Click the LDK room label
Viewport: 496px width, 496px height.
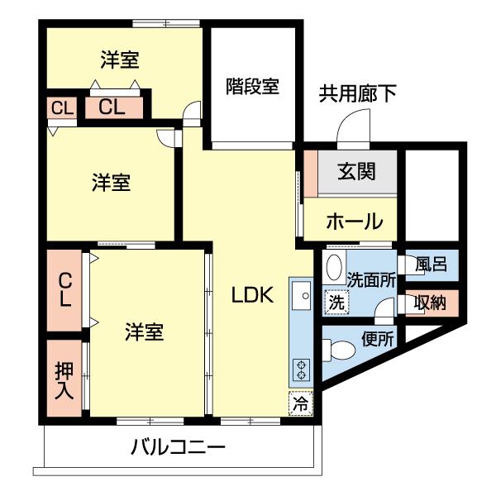click(x=251, y=294)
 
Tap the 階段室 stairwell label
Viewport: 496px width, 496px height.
click(x=252, y=85)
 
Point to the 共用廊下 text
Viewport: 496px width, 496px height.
click(x=358, y=93)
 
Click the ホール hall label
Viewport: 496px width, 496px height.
click(x=354, y=222)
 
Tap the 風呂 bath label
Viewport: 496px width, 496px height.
click(x=431, y=265)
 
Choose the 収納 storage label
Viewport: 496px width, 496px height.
click(x=430, y=303)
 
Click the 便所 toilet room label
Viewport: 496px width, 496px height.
click(x=378, y=338)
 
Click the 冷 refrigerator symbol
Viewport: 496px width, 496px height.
click(x=301, y=404)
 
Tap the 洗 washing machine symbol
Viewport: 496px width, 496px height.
click(x=336, y=303)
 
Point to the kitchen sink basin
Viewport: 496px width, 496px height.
click(x=300, y=295)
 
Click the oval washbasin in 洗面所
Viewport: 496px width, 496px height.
click(x=334, y=268)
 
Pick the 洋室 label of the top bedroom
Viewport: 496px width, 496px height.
click(x=120, y=60)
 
